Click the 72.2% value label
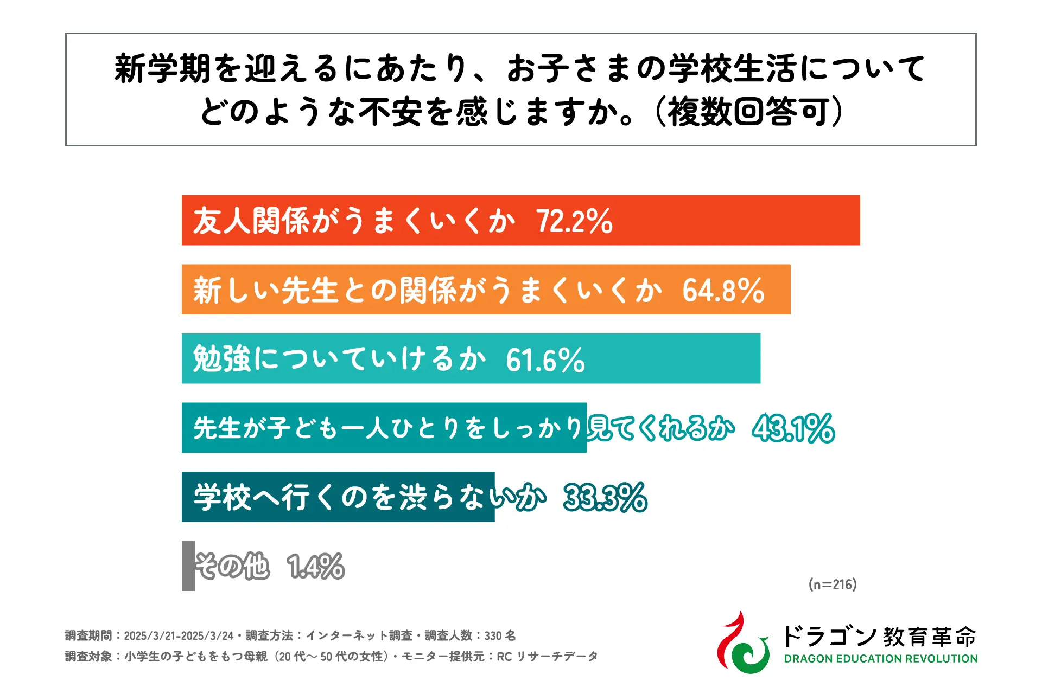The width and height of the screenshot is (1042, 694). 574,221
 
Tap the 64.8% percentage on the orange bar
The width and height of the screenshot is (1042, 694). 723,290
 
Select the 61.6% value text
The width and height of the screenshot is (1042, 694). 545,359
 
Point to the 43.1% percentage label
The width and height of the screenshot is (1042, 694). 793,428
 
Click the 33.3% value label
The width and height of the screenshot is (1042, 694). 605,497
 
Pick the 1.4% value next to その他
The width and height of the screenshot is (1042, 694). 316,567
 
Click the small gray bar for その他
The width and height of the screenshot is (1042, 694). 188,566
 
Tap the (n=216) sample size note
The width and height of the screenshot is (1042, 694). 833,584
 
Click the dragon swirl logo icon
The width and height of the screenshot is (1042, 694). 742,644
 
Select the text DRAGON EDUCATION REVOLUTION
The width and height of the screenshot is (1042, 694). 880,659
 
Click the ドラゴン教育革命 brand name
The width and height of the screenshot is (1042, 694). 879,636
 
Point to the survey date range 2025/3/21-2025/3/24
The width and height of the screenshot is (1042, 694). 179,635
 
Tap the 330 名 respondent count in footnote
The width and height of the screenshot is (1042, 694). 500,635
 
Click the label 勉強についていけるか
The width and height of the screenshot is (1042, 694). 339,359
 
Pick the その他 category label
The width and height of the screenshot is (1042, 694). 232,567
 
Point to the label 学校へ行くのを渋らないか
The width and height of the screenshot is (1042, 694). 369,497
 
